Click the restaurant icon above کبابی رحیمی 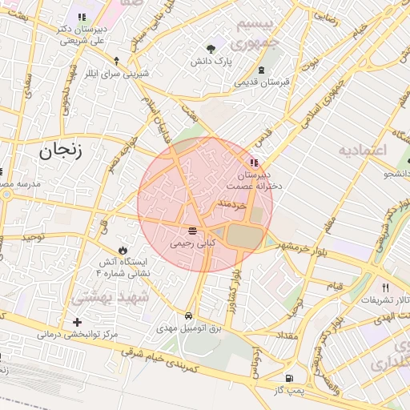coord(192,230)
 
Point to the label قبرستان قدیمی coord(261,82)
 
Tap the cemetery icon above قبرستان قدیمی coord(261,70)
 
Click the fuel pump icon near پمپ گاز coord(288,378)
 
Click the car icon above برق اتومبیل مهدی coord(187,316)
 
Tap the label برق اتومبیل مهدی coord(189,328)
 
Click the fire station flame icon coord(122,251)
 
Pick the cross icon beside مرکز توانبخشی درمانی coord(77,323)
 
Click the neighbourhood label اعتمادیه coord(362,151)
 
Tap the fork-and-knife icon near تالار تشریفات coord(385,288)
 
